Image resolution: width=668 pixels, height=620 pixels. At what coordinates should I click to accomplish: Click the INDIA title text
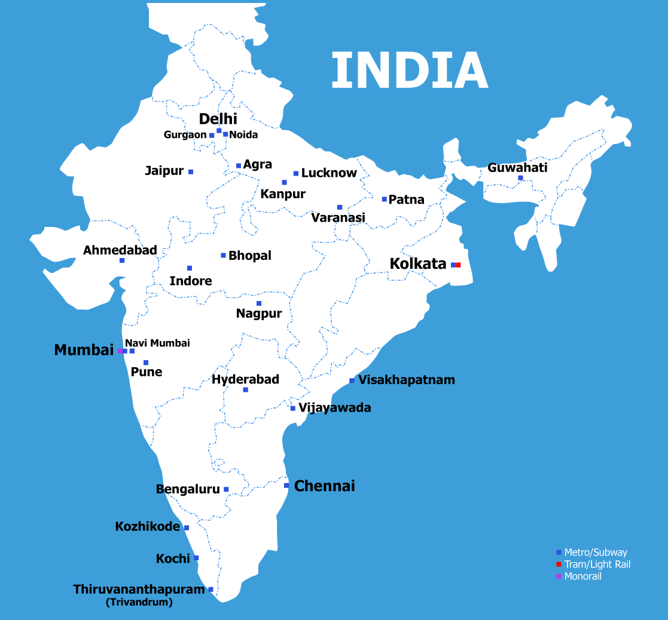tap(410, 70)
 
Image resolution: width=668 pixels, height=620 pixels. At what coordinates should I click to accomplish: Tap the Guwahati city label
tap(517, 168)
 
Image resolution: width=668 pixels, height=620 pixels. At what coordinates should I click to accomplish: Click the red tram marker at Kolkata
tap(458, 265)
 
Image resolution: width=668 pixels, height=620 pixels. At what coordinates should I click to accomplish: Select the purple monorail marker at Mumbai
tap(120, 351)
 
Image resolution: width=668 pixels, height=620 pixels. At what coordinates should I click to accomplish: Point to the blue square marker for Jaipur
tap(191, 172)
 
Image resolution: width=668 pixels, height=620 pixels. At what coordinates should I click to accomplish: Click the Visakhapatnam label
tap(407, 380)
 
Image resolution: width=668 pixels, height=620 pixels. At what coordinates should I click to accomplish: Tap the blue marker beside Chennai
tap(286, 486)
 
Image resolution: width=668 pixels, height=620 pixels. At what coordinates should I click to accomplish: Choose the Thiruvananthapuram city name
tap(139, 590)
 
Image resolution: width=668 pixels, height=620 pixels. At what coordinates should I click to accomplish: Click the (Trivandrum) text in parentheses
tap(139, 603)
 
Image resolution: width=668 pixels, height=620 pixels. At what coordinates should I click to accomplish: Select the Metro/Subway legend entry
tap(596, 553)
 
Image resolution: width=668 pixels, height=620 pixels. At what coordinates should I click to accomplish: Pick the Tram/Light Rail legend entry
tap(597, 564)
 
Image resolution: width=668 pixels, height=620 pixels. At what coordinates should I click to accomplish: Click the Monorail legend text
tap(582, 576)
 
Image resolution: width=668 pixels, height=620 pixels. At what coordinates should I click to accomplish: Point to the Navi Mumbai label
tap(157, 343)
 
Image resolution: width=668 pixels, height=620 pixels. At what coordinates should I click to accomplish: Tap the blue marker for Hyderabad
tap(246, 390)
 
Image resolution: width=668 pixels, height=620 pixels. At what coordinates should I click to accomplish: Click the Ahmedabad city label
tap(120, 250)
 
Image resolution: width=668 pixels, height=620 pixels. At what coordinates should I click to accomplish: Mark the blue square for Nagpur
tap(259, 303)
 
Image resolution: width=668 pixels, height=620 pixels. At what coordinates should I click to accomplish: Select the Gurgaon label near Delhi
tap(185, 135)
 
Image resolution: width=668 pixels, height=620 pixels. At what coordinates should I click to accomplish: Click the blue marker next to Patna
tap(385, 199)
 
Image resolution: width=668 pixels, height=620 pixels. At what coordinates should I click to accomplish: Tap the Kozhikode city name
tap(148, 527)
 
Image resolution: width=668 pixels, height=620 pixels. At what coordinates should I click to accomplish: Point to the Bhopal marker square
tap(224, 256)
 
